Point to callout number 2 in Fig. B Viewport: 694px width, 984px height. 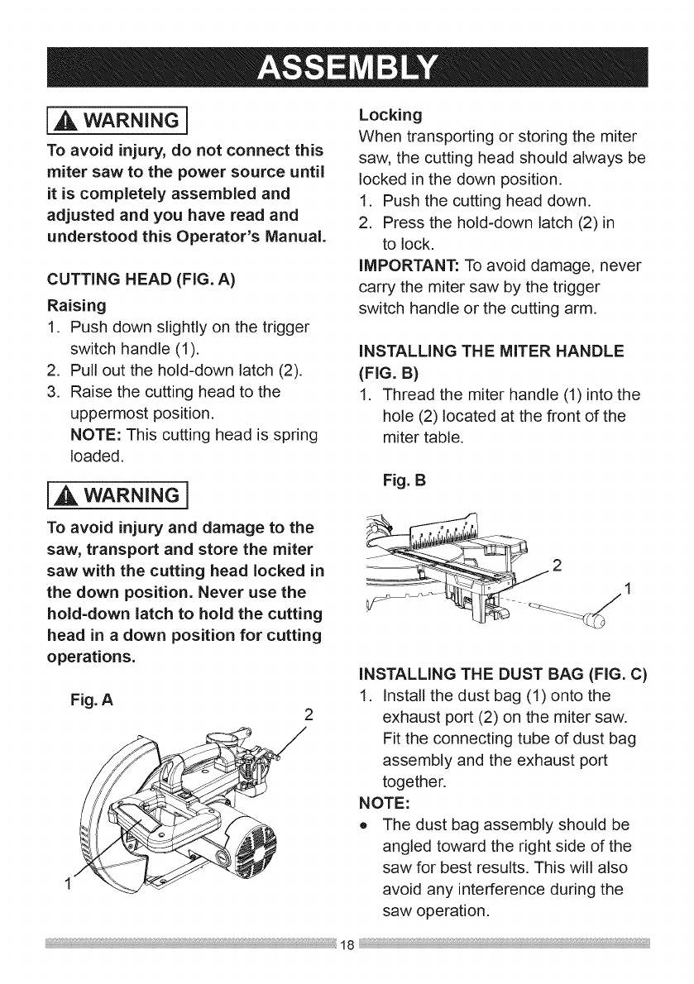(556, 566)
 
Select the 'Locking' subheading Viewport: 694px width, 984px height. (390, 113)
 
